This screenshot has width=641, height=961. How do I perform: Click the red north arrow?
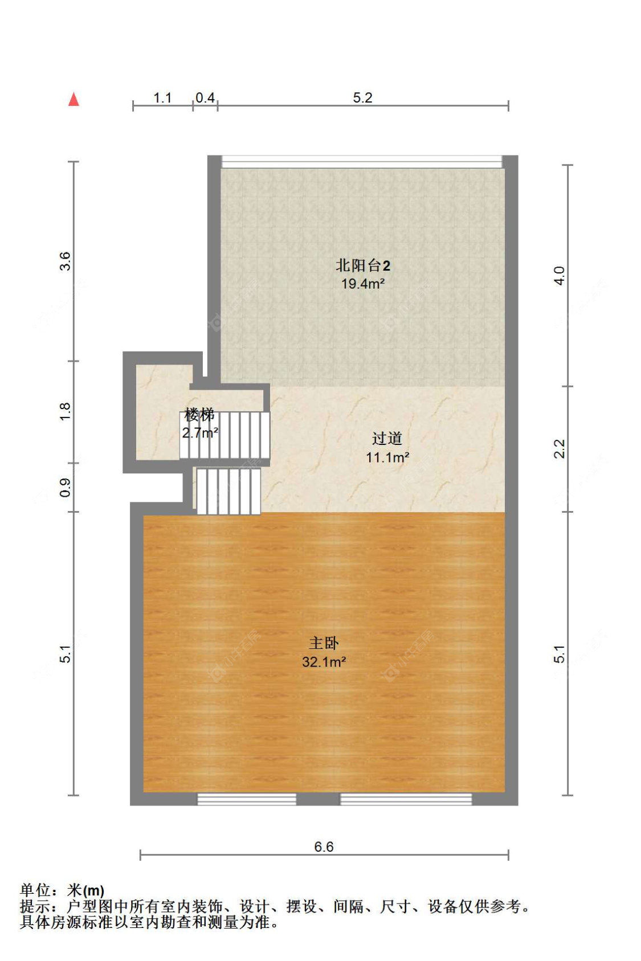pos(74,99)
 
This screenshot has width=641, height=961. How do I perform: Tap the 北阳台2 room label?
pos(362,265)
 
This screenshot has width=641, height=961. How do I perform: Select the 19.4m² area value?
pos(362,284)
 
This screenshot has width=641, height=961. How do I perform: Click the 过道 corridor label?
pos(387,439)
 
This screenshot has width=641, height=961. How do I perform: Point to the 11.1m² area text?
pos(387,457)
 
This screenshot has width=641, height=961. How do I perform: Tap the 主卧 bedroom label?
pos(324,643)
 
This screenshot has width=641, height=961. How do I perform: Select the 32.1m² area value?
pos(324,661)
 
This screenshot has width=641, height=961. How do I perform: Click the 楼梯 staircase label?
pos(199,415)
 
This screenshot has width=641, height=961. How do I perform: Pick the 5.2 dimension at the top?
pos(362,98)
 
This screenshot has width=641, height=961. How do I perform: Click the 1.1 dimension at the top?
pos(162,98)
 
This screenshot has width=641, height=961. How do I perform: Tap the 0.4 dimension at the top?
pos(205,98)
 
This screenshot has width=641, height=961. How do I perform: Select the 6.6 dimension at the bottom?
pos(324,847)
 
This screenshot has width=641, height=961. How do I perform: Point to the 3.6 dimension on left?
pos(65,261)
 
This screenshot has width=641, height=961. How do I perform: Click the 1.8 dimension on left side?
pos(65,412)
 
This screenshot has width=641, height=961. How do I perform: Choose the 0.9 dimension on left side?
pos(65,488)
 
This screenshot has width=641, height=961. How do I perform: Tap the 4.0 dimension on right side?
pos(560,276)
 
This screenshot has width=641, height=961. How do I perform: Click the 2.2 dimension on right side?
pos(560,449)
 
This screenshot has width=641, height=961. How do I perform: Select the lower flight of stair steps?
pos(228,491)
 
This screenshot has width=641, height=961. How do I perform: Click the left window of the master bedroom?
pos(247,799)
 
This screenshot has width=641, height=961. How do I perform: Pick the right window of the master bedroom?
pos(406,799)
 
